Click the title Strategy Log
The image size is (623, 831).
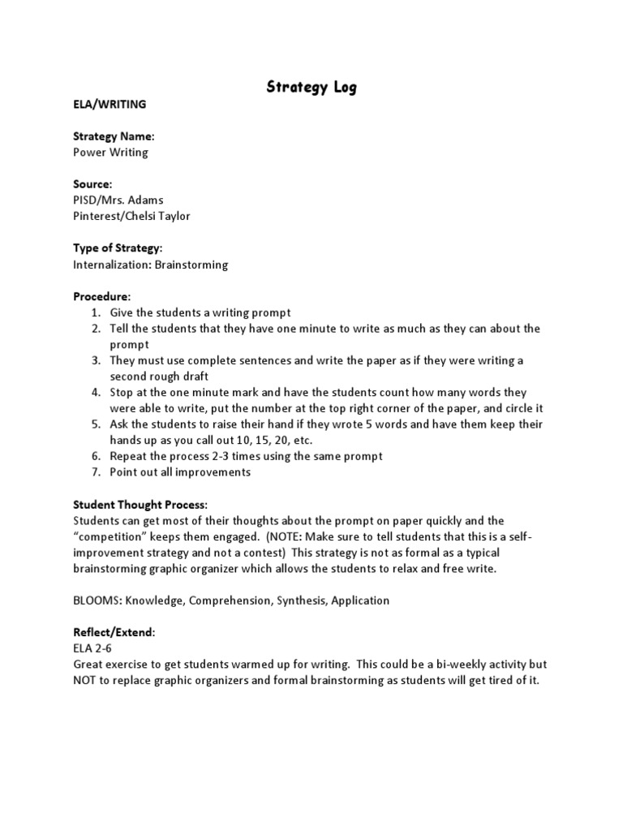(311, 88)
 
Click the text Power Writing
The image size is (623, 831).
(111, 152)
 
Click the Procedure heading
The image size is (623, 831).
(101, 296)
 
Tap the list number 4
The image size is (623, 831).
(94, 392)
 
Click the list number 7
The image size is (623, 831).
(94, 471)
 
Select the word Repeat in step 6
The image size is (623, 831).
(130, 456)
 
